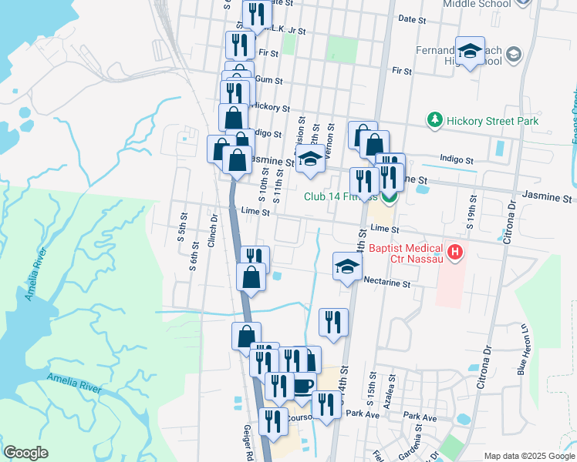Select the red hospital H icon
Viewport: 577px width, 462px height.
pyautogui.click(x=456, y=251)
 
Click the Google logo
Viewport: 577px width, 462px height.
pyautogui.click(x=25, y=453)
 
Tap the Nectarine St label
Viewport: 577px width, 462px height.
pyautogui.click(x=386, y=283)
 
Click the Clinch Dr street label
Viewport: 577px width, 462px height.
pyautogui.click(x=212, y=229)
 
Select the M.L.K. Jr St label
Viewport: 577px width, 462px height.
pyautogui.click(x=285, y=32)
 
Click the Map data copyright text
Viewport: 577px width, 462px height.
pyautogui.click(x=528, y=456)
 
